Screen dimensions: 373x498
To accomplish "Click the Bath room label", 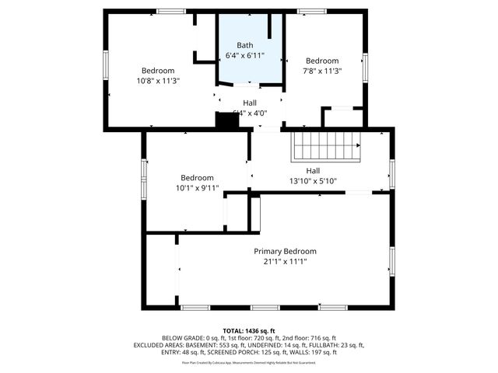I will tap(244, 46).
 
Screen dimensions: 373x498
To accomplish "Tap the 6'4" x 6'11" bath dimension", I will tap(244, 56).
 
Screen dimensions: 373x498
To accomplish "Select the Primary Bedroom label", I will tap(285, 251).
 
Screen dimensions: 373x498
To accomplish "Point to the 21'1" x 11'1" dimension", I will tap(285, 261).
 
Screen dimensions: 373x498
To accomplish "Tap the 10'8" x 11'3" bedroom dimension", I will tap(158, 80).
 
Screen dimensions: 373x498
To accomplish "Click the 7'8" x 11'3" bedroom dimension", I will tap(321, 71).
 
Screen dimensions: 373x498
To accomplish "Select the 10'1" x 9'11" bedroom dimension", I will tap(197, 187).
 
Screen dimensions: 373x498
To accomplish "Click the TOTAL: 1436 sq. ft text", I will tap(249, 331).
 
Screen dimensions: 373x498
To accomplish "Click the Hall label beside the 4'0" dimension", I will tap(249, 102).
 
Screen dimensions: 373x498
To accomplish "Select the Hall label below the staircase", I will tap(312, 171).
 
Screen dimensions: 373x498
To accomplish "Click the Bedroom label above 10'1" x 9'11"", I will tap(197, 177).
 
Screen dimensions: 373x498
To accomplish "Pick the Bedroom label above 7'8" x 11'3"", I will tap(321, 61).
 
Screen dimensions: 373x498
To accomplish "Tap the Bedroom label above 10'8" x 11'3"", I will tap(158, 70).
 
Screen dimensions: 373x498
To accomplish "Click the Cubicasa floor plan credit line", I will tap(249, 362).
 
